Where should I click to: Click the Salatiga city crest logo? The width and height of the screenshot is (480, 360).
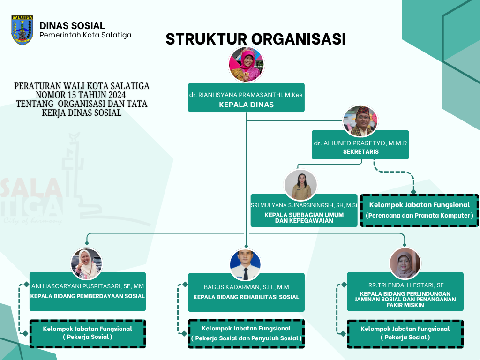tap(22, 30)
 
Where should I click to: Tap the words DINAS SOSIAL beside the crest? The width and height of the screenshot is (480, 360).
tap(72, 26)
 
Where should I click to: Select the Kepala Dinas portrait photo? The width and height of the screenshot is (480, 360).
tap(246, 64)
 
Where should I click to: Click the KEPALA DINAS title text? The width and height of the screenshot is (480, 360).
tap(246, 105)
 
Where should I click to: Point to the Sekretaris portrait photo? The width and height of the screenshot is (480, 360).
tap(360, 121)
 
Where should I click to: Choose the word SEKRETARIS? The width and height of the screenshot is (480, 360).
tap(360, 152)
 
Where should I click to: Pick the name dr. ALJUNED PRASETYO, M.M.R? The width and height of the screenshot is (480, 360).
tap(360, 142)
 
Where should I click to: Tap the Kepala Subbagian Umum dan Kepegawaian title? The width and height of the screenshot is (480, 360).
tap(304, 217)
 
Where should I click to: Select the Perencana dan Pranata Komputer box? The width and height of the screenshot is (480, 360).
tap(420, 210)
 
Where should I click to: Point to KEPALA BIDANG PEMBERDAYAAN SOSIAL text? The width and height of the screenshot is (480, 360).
tap(88, 296)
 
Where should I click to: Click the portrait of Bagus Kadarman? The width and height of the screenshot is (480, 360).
tap(245, 264)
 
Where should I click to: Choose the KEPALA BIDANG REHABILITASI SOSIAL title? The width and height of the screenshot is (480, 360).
tap(246, 297)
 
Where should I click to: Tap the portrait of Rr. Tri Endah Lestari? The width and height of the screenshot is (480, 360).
tap(405, 263)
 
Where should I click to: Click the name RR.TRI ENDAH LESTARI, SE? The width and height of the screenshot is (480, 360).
tap(405, 285)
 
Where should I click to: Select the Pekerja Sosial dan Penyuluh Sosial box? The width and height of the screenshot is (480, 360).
tap(246, 334)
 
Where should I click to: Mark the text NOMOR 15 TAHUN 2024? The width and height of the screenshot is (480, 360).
tap(82, 95)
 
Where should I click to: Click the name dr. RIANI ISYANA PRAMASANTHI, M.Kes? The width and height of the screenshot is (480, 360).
tap(246, 95)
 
